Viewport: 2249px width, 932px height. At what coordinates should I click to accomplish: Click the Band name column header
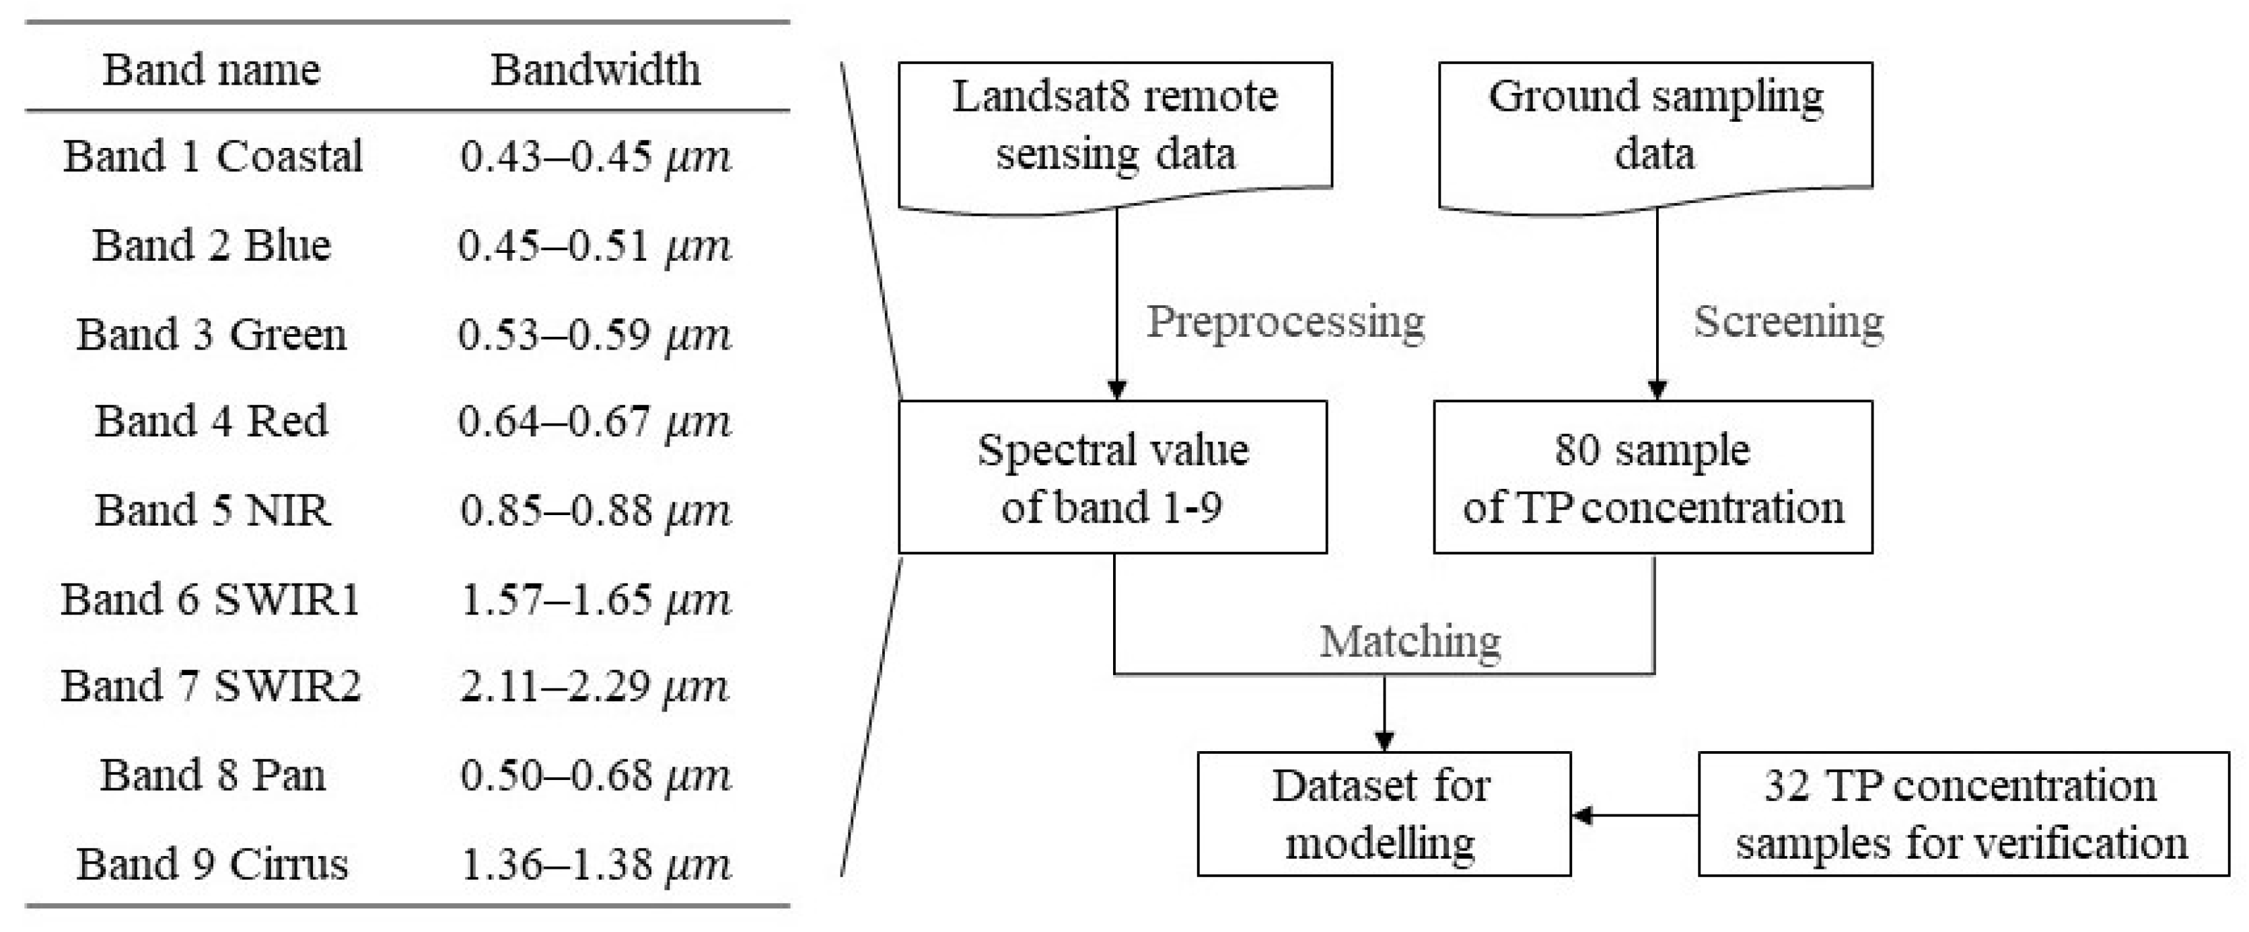point(211,70)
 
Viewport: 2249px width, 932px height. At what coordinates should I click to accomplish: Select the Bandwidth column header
point(596,70)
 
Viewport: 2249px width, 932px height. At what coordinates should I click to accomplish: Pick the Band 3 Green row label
point(211,335)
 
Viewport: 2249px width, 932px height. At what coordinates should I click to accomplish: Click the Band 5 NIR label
point(212,510)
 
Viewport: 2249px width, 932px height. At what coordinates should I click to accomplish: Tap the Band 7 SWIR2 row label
point(211,687)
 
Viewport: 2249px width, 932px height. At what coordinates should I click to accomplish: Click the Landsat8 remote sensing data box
point(1115,126)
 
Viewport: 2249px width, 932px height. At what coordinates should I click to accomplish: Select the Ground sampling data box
point(1655,126)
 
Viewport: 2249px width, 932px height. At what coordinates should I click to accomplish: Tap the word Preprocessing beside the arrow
point(1285,322)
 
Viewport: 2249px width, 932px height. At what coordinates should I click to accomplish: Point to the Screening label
point(1788,322)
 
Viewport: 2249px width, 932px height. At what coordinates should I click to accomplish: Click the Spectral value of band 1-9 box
point(1112,477)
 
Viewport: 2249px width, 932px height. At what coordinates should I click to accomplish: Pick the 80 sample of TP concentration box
point(1653,477)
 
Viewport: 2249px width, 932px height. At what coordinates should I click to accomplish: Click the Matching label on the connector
point(1410,642)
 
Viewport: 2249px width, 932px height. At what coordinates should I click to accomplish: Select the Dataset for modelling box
point(1383,814)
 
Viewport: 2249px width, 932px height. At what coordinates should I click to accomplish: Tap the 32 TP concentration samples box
point(1962,814)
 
